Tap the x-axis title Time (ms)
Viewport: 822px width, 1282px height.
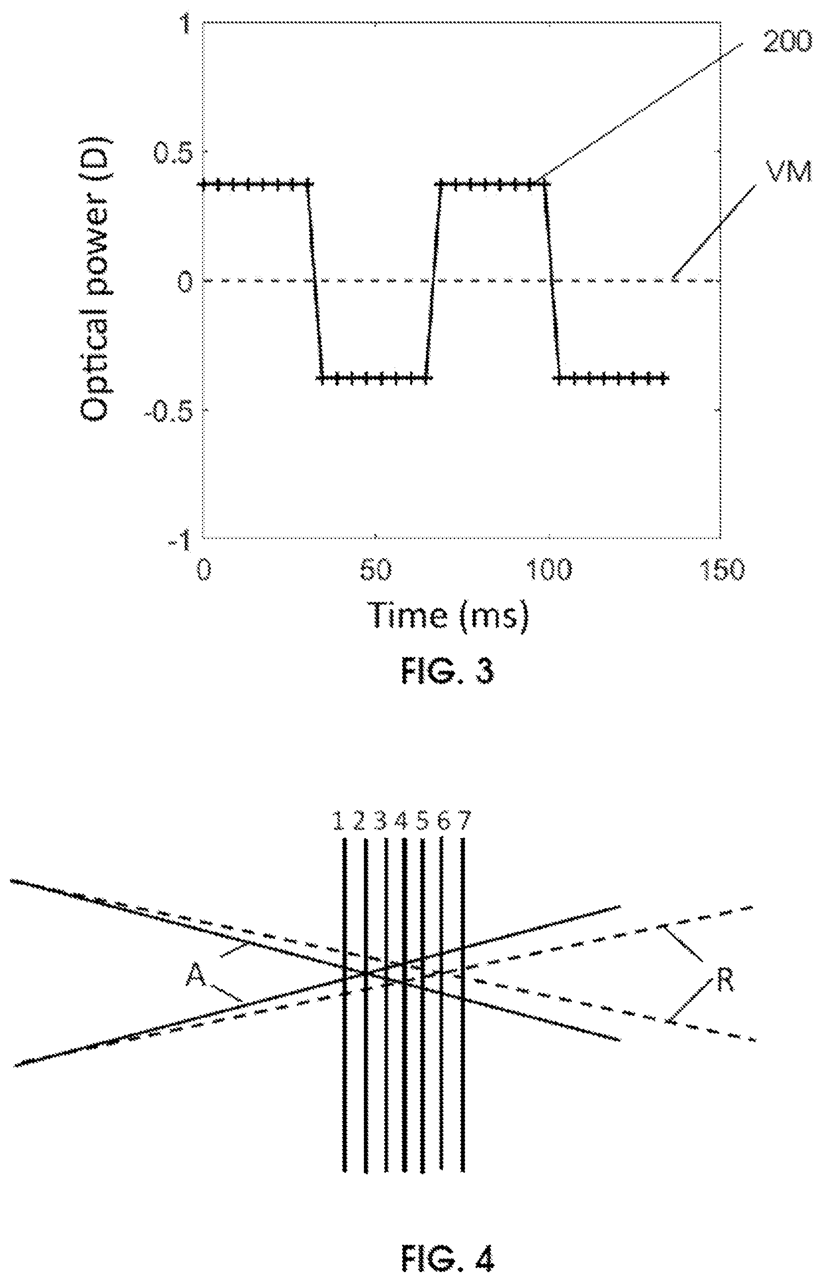tap(450, 616)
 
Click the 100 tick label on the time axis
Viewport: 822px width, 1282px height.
tap(549, 571)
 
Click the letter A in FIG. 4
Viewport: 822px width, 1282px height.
tap(197, 977)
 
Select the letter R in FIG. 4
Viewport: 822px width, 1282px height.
tap(724, 980)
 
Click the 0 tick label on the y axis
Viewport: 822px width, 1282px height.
tap(185, 282)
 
